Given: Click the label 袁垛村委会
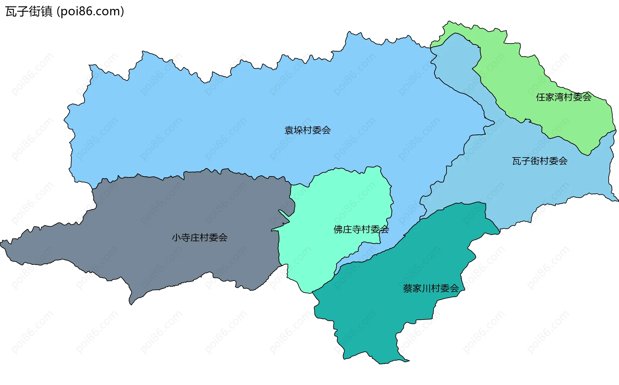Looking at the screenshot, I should tap(308, 130).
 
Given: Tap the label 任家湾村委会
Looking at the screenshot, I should tap(564, 97).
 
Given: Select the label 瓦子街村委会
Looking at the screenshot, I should tap(540, 161).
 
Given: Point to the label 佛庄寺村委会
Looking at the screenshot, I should tap(361, 229).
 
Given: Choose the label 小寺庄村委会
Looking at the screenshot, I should tap(200, 238).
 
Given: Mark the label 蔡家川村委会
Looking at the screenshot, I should tap(431, 288).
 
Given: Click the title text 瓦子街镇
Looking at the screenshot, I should tap(29, 12).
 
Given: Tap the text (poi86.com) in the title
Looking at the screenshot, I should tap(90, 12).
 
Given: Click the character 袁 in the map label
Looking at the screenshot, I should tap(289, 130).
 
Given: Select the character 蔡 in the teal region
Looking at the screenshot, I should tap(408, 288).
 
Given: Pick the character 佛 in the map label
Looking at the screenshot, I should tap(338, 229).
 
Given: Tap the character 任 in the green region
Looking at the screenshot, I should tap(541, 97).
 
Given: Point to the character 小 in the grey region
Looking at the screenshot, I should tap(176, 238).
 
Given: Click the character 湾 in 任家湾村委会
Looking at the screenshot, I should tap(559, 97).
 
